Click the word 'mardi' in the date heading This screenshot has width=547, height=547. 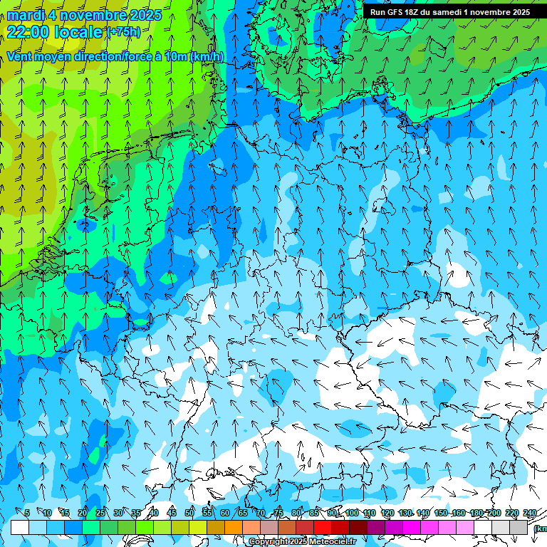point(26,15)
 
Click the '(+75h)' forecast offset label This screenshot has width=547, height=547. point(123,32)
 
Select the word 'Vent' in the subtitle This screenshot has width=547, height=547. point(21,57)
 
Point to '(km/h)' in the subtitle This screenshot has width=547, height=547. point(207,57)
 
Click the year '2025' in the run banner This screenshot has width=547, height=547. point(516,12)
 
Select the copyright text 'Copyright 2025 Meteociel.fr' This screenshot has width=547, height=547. point(302,542)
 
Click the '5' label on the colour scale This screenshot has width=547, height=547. point(27,514)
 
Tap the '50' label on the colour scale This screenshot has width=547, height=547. point(189,514)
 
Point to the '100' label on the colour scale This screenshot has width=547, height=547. point(351,514)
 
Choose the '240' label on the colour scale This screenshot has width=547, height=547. point(529,514)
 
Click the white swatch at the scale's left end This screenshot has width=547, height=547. point(20,527)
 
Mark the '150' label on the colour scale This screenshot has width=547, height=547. point(441,514)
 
